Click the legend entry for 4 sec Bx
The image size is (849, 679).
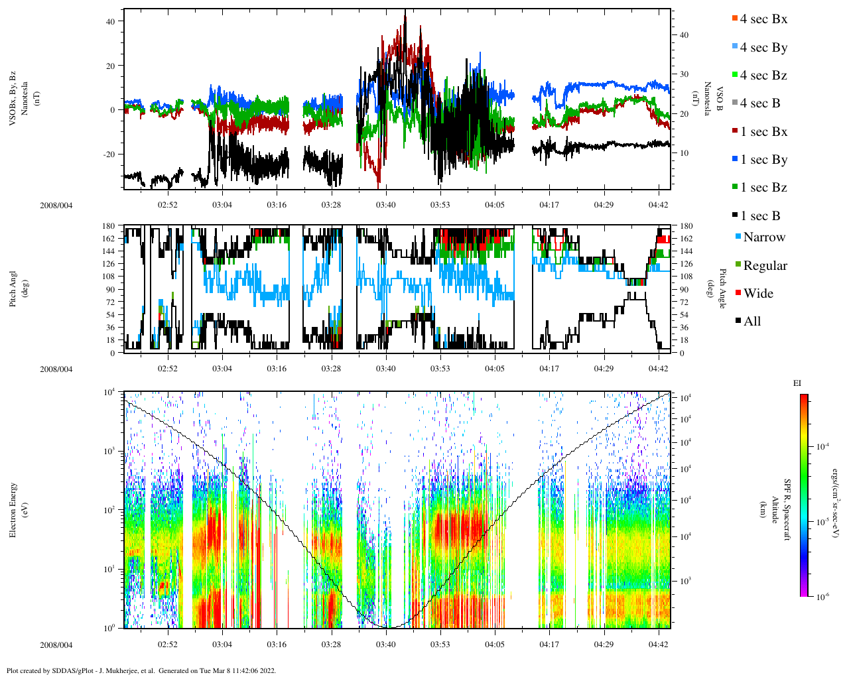[763, 19]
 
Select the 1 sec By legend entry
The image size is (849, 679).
[763, 160]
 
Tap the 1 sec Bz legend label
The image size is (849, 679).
[763, 188]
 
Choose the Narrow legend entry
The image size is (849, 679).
[763, 237]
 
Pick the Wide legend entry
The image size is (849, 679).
[757, 294]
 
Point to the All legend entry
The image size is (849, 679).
[751, 322]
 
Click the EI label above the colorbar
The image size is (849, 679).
[797, 383]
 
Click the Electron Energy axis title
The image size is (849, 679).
[13, 509]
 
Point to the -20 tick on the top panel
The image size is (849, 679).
[110, 154]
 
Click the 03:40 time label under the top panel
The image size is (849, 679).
[385, 205]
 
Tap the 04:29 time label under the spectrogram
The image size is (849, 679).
[603, 645]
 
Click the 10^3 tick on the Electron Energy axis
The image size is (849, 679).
[109, 451]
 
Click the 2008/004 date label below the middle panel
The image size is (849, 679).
[56, 369]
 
